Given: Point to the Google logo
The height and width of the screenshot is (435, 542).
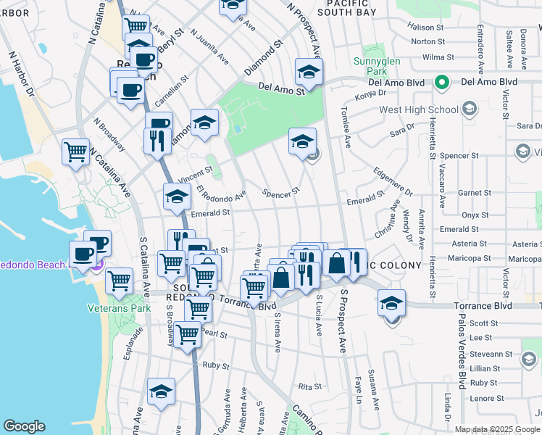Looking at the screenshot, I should click(x=24, y=426).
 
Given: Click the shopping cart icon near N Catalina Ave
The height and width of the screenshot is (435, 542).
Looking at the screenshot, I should click(x=75, y=152).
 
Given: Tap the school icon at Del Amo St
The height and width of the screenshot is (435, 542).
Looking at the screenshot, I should click(x=309, y=72).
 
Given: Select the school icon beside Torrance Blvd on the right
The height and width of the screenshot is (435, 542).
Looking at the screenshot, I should click(x=391, y=302).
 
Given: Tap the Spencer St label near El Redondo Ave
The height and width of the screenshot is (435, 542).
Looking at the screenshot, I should click(x=281, y=194).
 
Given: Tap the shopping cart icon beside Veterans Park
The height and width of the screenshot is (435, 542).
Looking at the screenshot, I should click(x=120, y=281).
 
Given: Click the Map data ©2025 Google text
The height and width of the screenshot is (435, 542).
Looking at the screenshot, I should click(x=498, y=429).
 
